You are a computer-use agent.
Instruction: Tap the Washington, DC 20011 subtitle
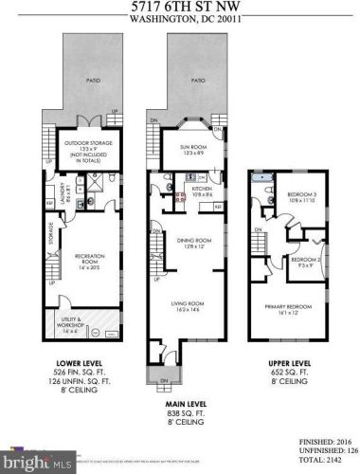pyautogui.click(x=179, y=19)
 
